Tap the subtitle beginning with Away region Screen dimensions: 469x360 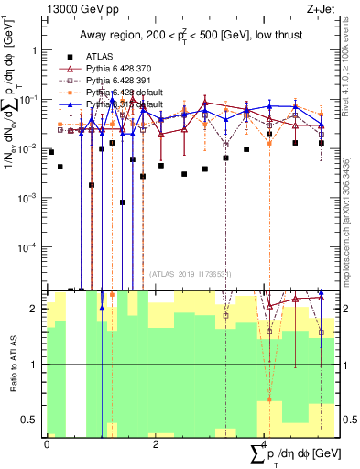[188, 35]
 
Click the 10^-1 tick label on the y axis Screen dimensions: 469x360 [29, 99]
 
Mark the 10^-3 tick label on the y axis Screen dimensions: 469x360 [29, 198]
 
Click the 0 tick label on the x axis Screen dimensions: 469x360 [47, 443]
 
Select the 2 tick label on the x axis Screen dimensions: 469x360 [155, 443]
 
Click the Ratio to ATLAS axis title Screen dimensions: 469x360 [11, 364]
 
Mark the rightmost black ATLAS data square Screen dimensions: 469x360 [322, 143]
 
